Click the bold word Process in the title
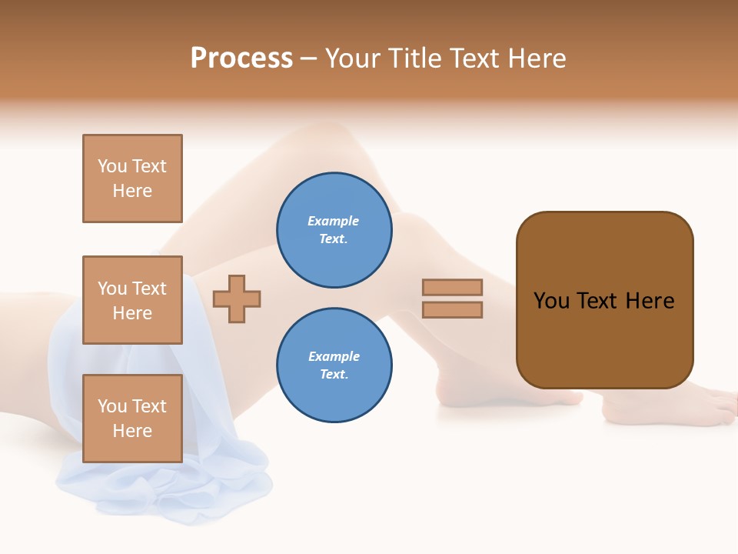tap(241, 58)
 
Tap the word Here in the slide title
tap(537, 58)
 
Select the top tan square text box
tap(132, 179)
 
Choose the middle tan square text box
tap(132, 300)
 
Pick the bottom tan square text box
tap(132, 419)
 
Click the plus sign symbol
tap(237, 299)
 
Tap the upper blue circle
tap(334, 230)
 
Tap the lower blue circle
tap(334, 365)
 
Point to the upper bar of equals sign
tap(452, 287)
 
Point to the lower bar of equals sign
tap(452, 310)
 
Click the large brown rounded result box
tap(604, 339)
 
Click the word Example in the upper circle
tap(334, 221)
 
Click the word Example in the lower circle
tap(334, 356)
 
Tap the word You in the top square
tap(112, 166)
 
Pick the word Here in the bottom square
tap(132, 431)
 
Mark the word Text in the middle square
tap(149, 289)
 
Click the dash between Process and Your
tap(309, 58)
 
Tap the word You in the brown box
tap(551, 301)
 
